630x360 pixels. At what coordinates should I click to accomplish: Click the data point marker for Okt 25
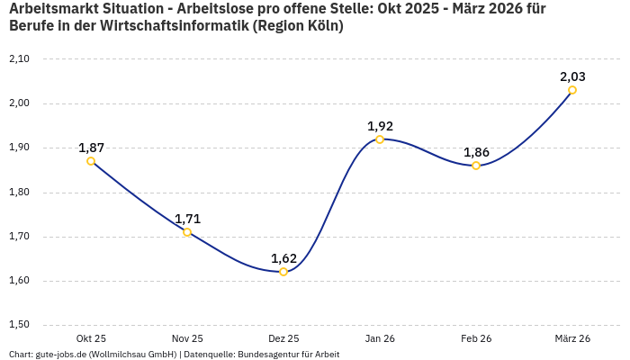pyautogui.click(x=91, y=161)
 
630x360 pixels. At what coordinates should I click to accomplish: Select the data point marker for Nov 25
pyautogui.click(x=187, y=232)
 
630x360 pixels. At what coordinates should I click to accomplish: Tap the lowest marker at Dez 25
pyautogui.click(x=283, y=272)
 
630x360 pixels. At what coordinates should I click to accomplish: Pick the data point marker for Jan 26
pyautogui.click(x=380, y=139)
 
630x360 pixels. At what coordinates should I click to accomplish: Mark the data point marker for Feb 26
pyautogui.click(x=476, y=166)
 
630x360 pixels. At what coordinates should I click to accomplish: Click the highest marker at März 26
pyautogui.click(x=572, y=90)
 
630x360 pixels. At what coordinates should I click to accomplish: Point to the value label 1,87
pyautogui.click(x=91, y=148)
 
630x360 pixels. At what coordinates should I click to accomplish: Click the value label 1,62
pyautogui.click(x=283, y=258)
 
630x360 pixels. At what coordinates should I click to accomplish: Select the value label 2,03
pyautogui.click(x=572, y=76)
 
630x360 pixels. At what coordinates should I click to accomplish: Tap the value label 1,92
pyautogui.click(x=380, y=126)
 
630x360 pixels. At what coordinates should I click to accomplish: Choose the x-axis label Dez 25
pyautogui.click(x=283, y=338)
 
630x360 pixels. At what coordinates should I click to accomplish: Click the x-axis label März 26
pyautogui.click(x=572, y=338)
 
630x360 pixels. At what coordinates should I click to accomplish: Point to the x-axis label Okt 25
pyautogui.click(x=91, y=338)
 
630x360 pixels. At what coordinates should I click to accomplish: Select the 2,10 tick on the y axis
pyautogui.click(x=19, y=59)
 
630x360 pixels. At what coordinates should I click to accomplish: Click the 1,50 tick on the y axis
pyautogui.click(x=19, y=325)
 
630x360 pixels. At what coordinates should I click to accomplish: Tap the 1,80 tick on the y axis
pyautogui.click(x=19, y=193)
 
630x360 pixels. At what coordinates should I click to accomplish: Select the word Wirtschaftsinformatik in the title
pyautogui.click(x=179, y=26)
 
